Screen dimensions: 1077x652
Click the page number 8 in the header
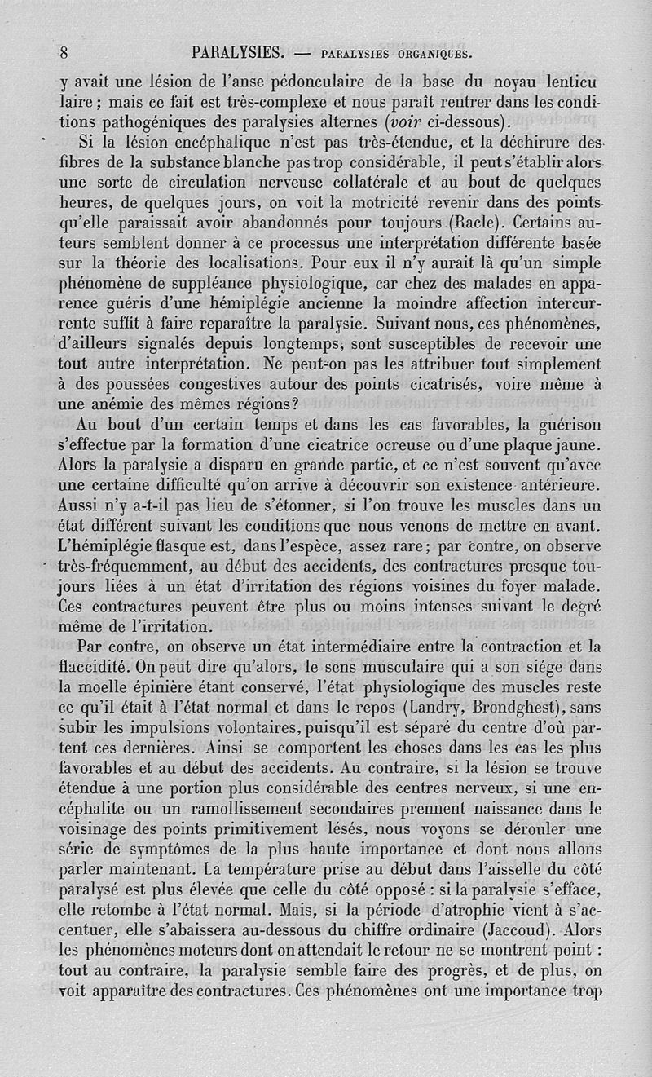tap(63, 54)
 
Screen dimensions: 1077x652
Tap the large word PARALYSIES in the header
tap(236, 54)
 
